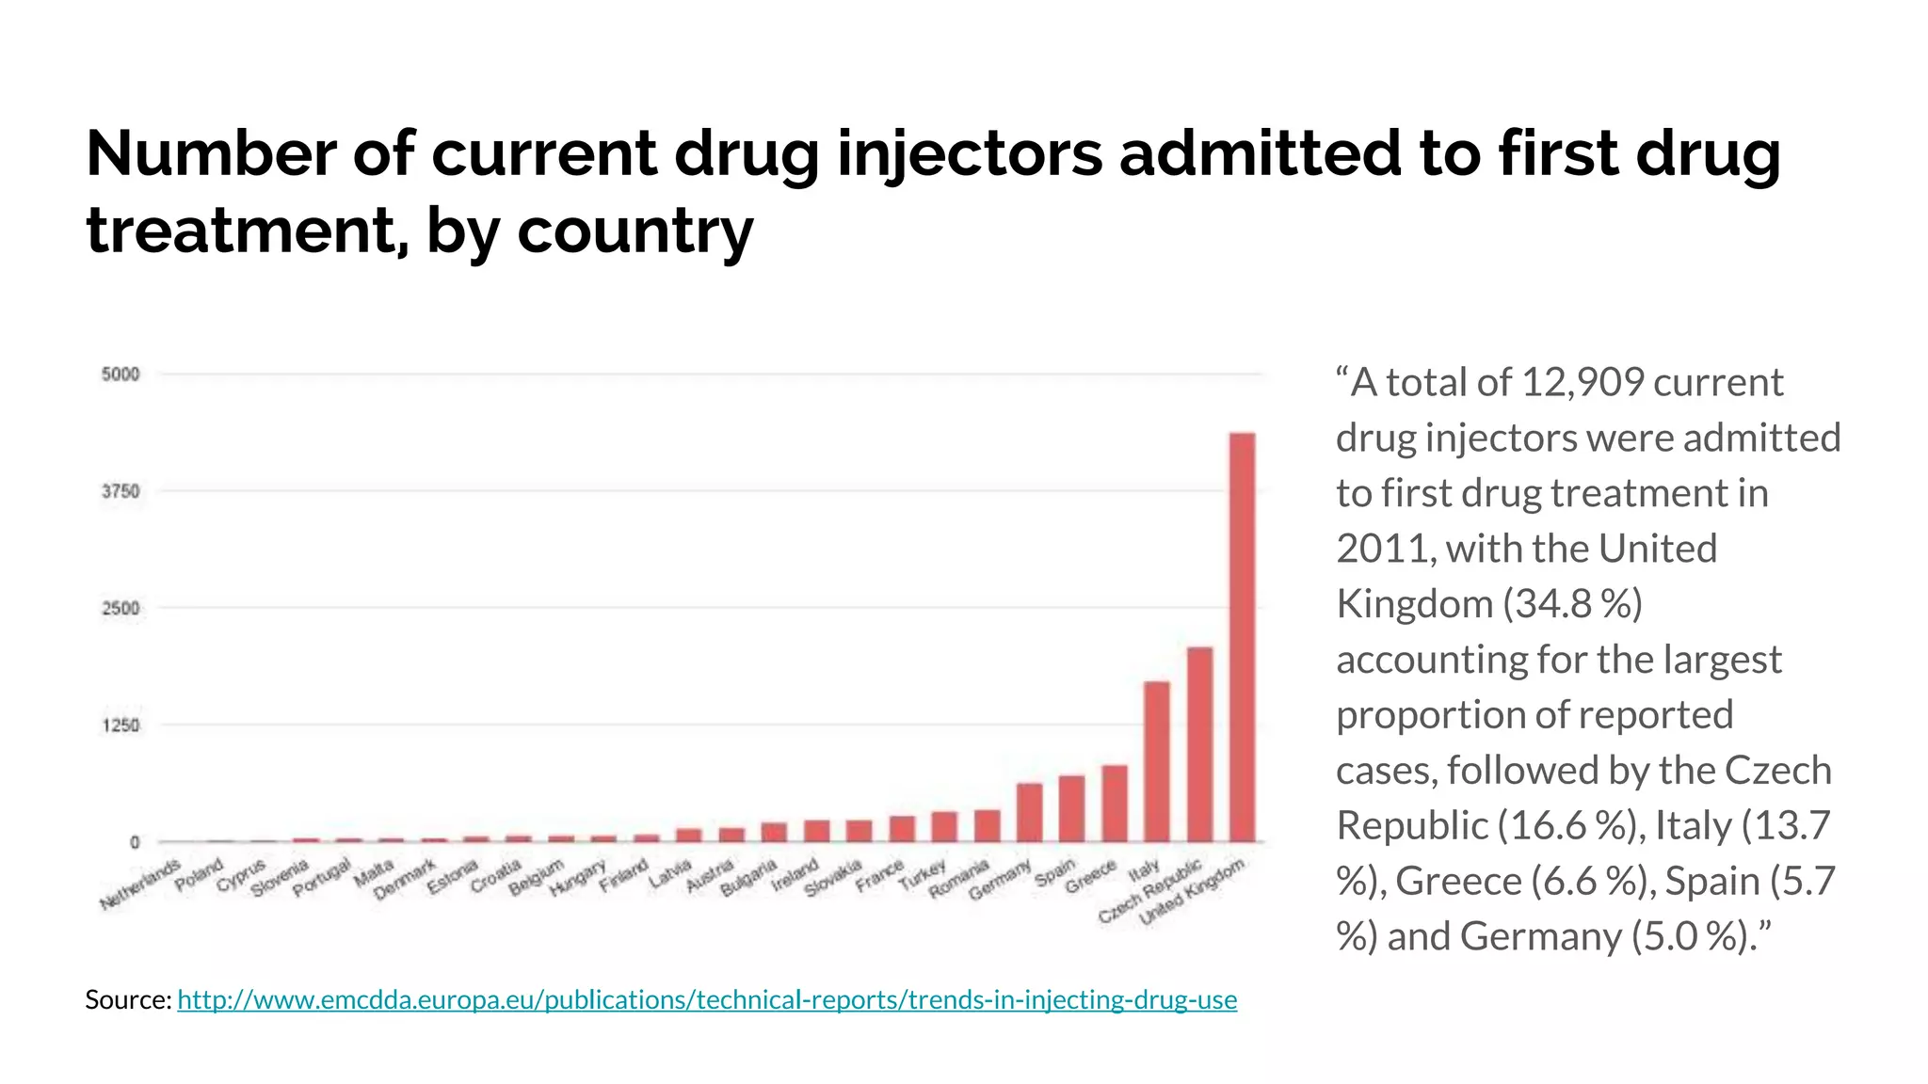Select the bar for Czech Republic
click(x=1199, y=744)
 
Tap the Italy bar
click(x=1156, y=761)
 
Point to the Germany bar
click(x=1029, y=812)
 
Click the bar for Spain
click(x=1071, y=808)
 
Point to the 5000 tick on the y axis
click(x=120, y=375)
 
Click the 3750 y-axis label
click(x=120, y=491)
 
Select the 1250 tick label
click(x=120, y=725)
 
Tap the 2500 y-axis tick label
click(x=120, y=608)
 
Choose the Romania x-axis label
click(x=959, y=879)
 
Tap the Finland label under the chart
click(x=624, y=875)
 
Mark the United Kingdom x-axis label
click(x=1193, y=893)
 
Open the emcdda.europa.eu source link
click(x=706, y=999)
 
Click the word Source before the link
click(x=127, y=999)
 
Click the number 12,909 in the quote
click(x=1582, y=383)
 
